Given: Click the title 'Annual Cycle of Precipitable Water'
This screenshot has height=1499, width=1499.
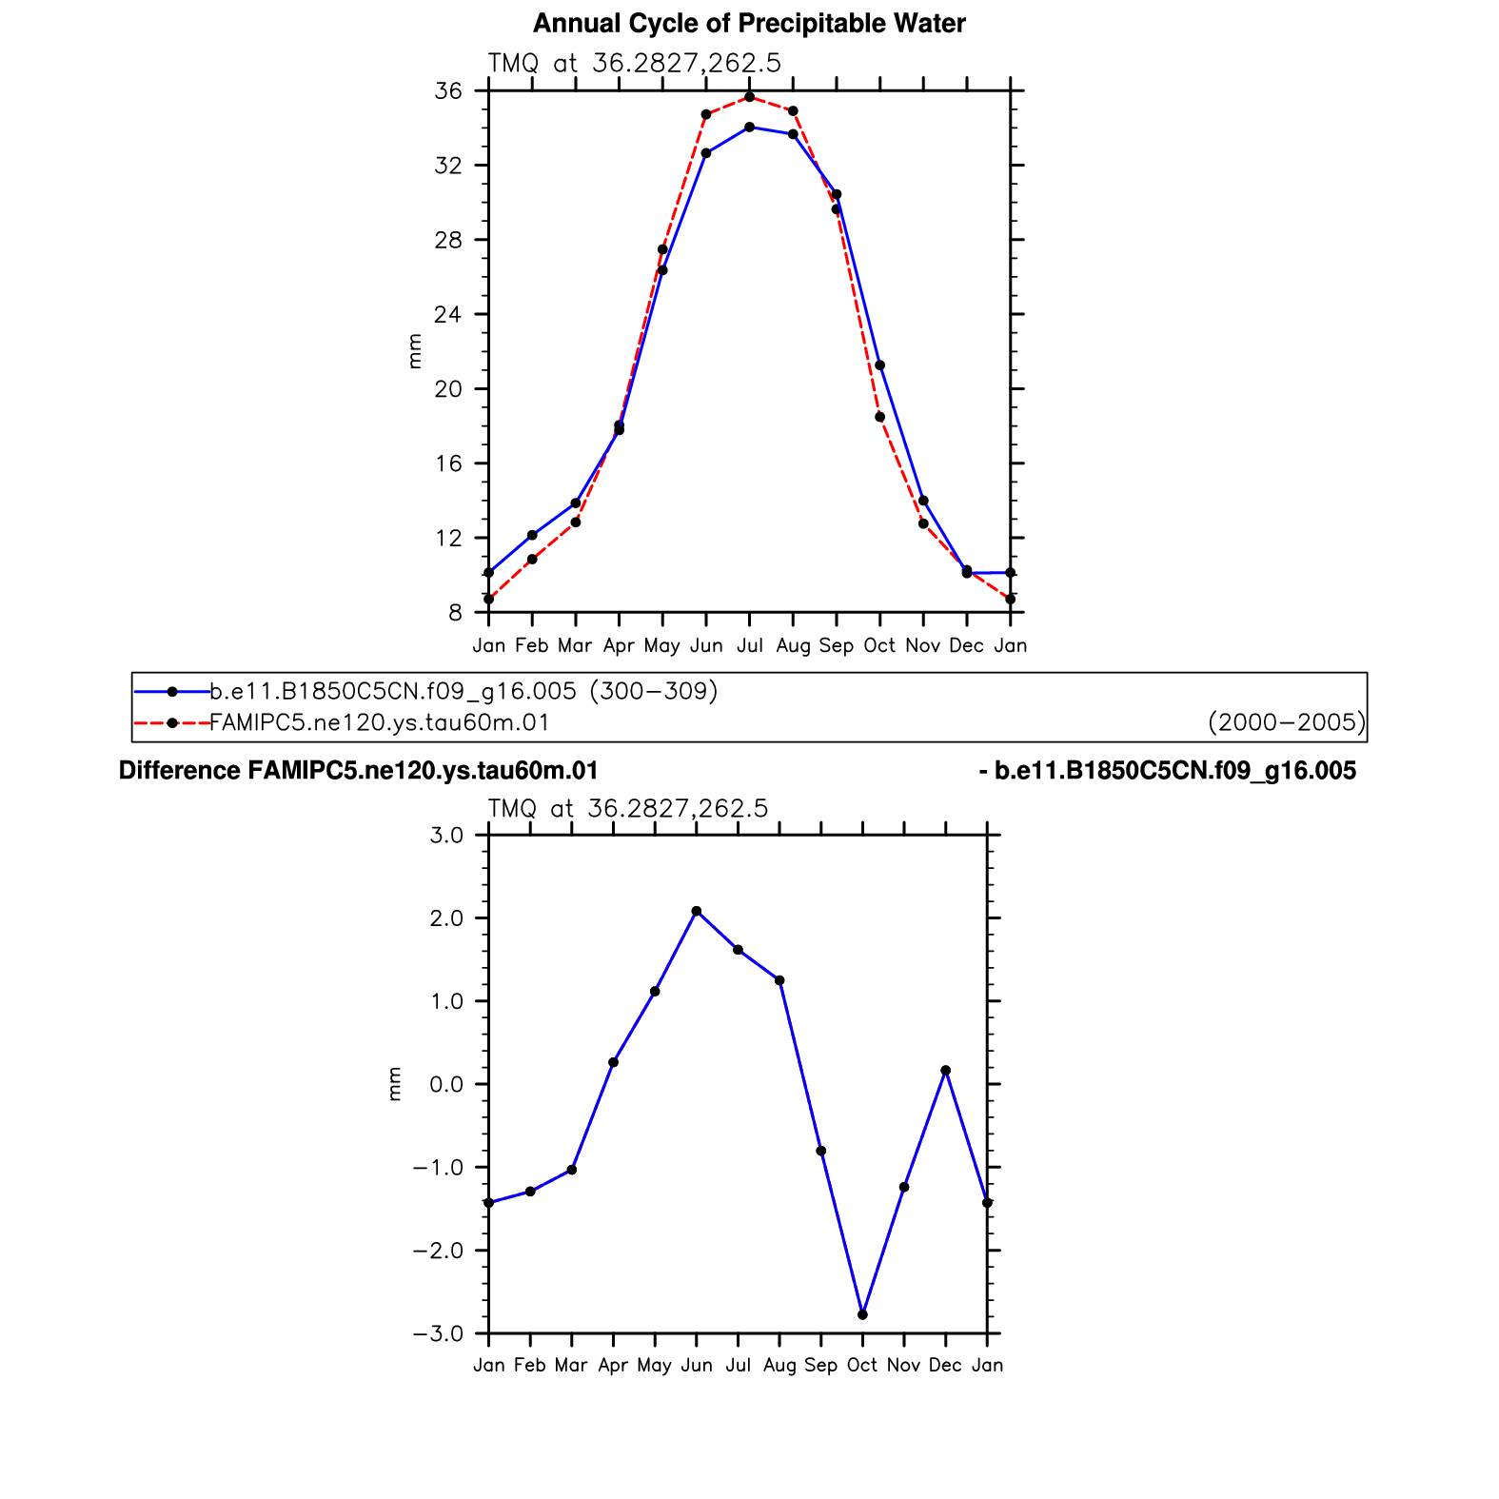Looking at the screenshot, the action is (x=749, y=24).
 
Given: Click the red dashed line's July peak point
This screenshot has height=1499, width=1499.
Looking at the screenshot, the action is (x=750, y=97).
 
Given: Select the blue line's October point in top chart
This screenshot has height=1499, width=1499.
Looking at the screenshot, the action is (x=880, y=365).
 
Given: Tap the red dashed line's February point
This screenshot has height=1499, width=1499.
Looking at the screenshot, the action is (x=532, y=560).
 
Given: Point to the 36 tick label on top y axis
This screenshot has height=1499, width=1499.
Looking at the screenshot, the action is (x=448, y=91).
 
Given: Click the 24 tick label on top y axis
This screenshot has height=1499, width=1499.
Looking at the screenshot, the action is (x=448, y=314).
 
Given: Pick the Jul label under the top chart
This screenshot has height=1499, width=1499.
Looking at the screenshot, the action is (x=750, y=645).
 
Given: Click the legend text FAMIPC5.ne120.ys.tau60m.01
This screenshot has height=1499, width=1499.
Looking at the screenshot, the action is (x=380, y=722).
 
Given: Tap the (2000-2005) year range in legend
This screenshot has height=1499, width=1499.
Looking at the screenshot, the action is (x=1287, y=722).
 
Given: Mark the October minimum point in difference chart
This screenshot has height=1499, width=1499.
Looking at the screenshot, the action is (x=862, y=1314).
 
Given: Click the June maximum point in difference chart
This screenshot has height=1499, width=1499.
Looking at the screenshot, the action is (x=697, y=911).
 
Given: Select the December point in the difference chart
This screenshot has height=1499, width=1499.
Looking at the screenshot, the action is (x=946, y=1071).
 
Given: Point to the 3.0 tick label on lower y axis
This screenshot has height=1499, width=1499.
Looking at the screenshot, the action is (x=446, y=836).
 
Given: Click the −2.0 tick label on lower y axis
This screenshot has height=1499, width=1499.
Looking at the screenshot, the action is (x=438, y=1251).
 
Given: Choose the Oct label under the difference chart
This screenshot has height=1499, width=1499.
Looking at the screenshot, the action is (x=862, y=1365).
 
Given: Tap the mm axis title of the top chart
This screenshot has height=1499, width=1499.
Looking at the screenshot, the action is (x=414, y=351).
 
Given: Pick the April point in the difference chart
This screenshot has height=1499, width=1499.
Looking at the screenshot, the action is (x=614, y=1062).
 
